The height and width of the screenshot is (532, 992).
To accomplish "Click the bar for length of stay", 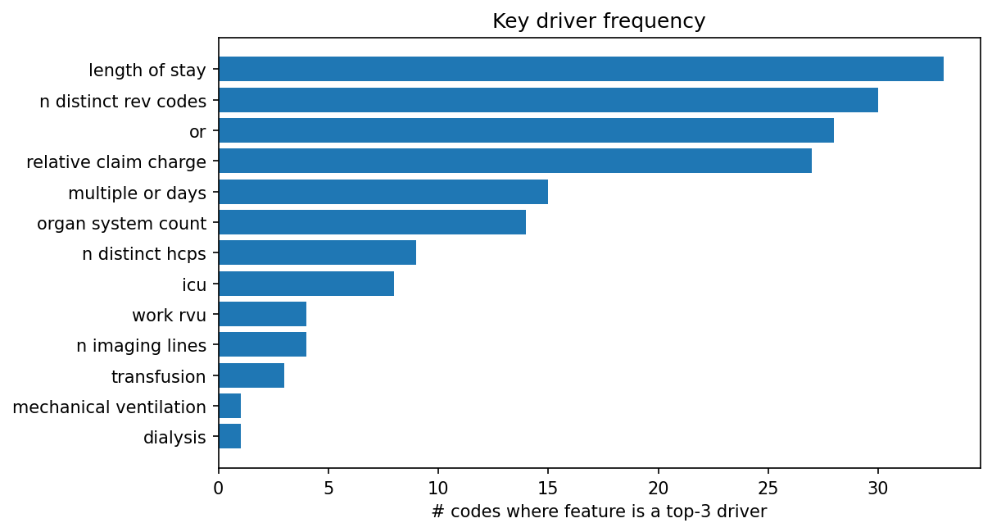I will [581, 69].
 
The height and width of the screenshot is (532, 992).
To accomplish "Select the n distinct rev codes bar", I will [548, 100].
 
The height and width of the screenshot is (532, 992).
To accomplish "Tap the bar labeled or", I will [526, 130].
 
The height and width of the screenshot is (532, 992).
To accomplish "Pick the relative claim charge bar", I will [515, 161].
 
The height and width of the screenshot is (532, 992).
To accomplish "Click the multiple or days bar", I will [383, 192].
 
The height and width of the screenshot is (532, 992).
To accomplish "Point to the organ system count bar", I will [372, 222].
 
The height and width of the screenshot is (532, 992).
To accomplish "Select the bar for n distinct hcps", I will [317, 252].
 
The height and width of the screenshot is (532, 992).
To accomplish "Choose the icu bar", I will [306, 284].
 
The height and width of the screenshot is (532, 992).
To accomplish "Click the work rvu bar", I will [262, 314].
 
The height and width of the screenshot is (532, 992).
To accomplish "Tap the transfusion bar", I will [251, 375].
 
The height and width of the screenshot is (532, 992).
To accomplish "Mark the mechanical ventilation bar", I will [229, 406].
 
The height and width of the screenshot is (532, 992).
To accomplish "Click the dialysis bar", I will [229, 436].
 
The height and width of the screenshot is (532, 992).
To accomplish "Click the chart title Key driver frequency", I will [599, 21].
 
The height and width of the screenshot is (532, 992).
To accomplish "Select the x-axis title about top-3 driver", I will [599, 512].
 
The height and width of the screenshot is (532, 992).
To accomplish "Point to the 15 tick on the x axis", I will [548, 489].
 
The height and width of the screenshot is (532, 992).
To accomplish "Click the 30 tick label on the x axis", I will [878, 489].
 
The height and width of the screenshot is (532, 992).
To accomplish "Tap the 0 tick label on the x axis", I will [219, 489].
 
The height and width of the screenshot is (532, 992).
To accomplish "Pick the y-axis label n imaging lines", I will [141, 346].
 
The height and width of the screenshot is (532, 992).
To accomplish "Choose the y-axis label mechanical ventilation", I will [109, 407].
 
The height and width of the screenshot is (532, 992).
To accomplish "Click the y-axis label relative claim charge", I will [116, 162].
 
